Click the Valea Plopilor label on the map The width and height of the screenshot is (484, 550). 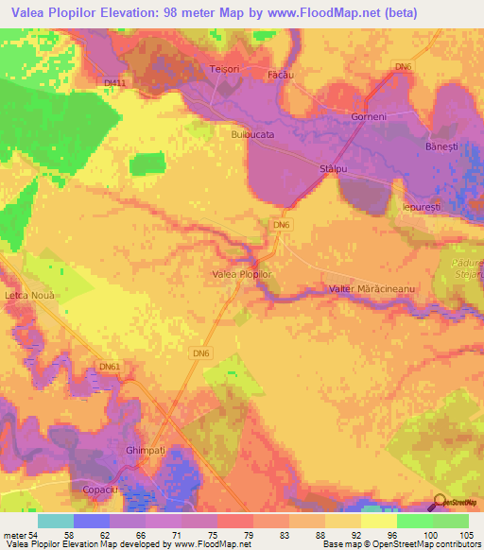pos(241,274)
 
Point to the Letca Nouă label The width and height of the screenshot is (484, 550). pos(32,296)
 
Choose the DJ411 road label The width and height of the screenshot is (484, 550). pos(113,83)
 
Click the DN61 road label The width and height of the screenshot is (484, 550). pos(110,366)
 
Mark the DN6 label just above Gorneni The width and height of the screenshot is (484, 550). pos(404,66)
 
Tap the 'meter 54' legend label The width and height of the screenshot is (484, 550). pos(19,535)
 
